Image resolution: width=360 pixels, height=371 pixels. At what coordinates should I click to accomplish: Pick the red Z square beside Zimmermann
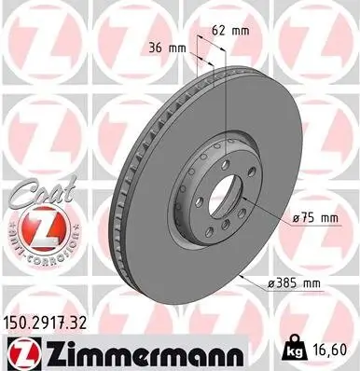pyautogui.click(x=18, y=352)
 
